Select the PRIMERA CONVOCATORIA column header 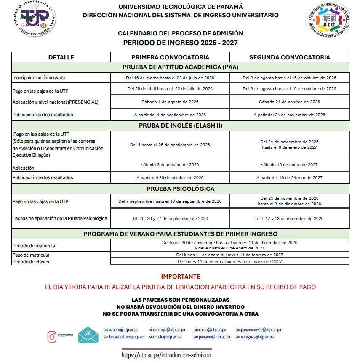pos(170,57)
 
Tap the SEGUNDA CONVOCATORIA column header pos(290,57)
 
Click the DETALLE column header pos(61,57)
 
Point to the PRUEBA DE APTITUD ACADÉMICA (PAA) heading pos(181,67)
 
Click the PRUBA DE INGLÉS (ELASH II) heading pos(181,126)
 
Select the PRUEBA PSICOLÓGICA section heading pos(181,189)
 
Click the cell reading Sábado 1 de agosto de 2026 pos(170,102)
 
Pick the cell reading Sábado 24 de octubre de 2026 pos(290,102)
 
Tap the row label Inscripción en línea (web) pos(39,78)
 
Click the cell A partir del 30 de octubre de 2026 pos(170,178)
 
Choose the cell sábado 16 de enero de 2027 pos(290,165)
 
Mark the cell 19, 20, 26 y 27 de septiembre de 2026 pos(170,219)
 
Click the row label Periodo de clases pos(31,262)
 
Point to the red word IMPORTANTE pos(181,277)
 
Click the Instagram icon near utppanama pos(52,336)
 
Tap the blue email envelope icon pos(88,335)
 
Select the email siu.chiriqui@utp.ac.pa pos(167,330)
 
